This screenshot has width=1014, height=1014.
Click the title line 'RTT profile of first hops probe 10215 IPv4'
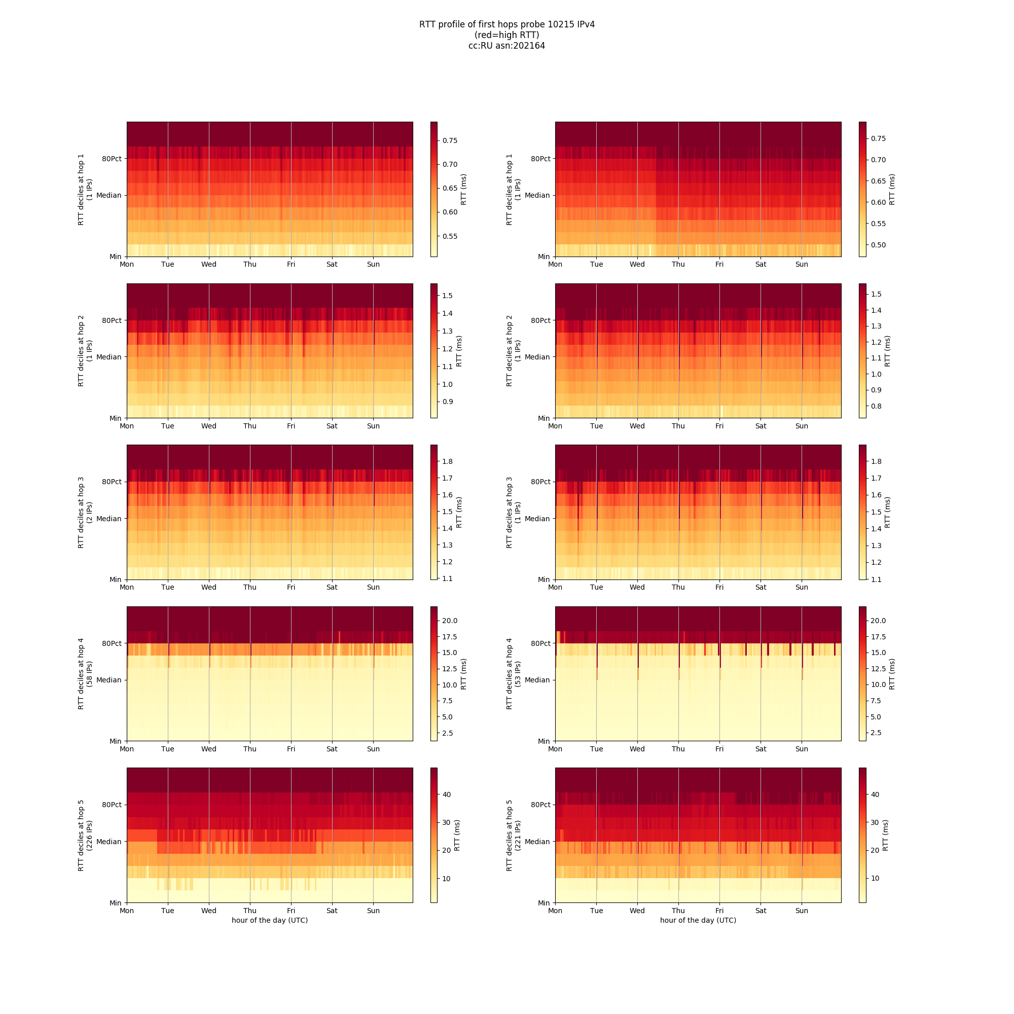click(506, 25)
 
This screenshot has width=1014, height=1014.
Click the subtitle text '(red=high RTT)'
click(506, 35)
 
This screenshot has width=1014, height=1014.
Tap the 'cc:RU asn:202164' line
click(506, 46)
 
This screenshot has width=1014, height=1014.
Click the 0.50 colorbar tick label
click(878, 245)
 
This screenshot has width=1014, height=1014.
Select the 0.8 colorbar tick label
click(876, 406)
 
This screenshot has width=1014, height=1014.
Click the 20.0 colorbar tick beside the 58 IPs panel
click(450, 621)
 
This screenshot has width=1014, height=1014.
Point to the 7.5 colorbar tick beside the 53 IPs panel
click(876, 701)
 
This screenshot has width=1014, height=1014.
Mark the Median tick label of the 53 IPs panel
click(537, 680)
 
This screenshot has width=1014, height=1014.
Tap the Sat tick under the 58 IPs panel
click(332, 749)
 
